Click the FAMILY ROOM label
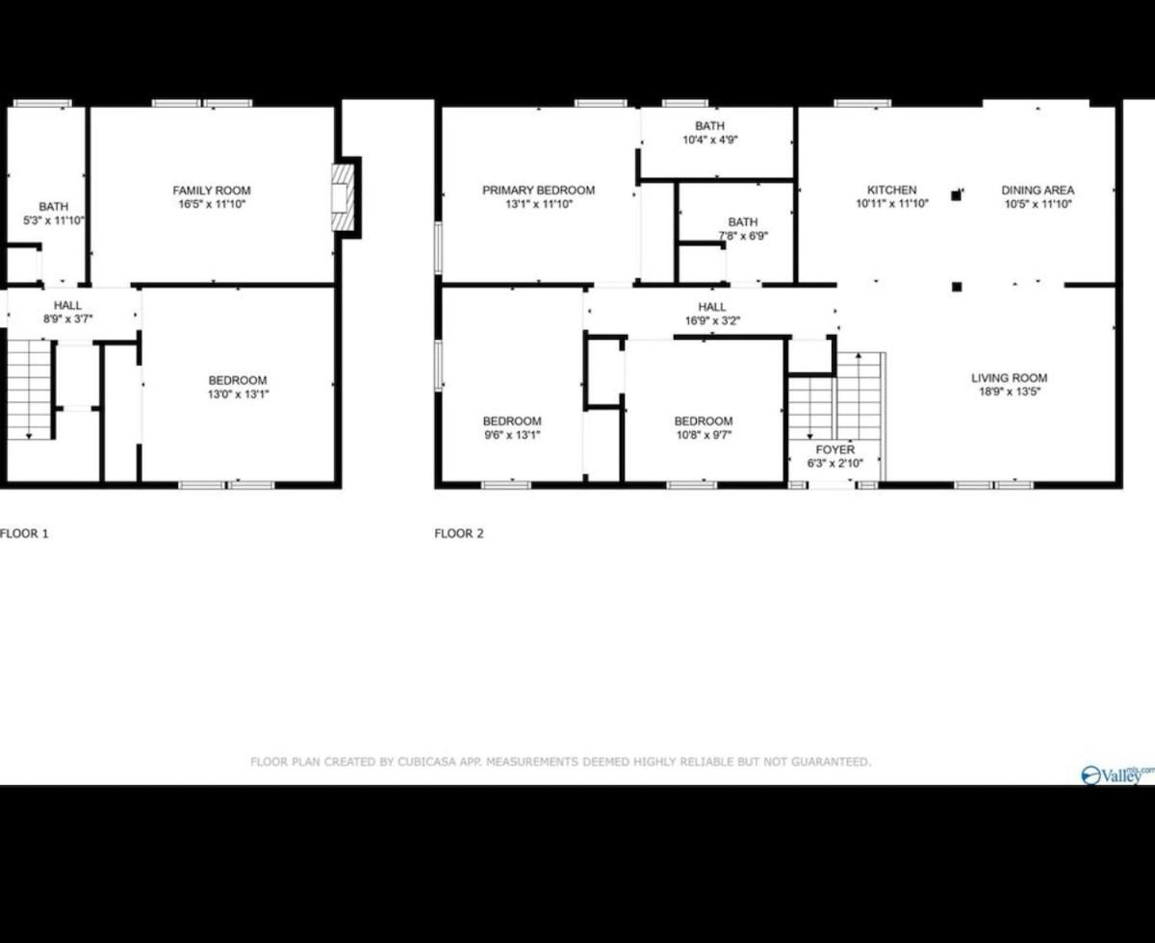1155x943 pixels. [x=212, y=191]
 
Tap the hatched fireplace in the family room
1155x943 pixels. [x=343, y=197]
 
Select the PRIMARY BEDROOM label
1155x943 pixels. [x=538, y=190]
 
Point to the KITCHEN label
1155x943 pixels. [x=891, y=190]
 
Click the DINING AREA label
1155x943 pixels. [x=1038, y=190]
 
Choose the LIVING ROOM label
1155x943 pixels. [x=1010, y=378]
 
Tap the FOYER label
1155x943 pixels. [x=834, y=449]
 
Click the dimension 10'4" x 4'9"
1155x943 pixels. [x=709, y=140]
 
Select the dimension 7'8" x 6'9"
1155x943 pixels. [x=743, y=236]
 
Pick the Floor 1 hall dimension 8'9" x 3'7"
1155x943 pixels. [x=68, y=319]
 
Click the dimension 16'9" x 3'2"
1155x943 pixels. [x=712, y=320]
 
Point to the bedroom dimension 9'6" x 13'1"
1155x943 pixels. [x=512, y=435]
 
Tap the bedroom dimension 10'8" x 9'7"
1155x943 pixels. [x=704, y=435]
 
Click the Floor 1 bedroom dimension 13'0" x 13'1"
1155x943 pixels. [x=238, y=394]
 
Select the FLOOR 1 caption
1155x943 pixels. [x=24, y=533]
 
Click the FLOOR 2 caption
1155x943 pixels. [x=459, y=533]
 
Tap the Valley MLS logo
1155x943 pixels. [x=1117, y=775]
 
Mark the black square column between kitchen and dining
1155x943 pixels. [x=956, y=195]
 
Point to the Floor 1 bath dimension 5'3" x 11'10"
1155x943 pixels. [x=54, y=220]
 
